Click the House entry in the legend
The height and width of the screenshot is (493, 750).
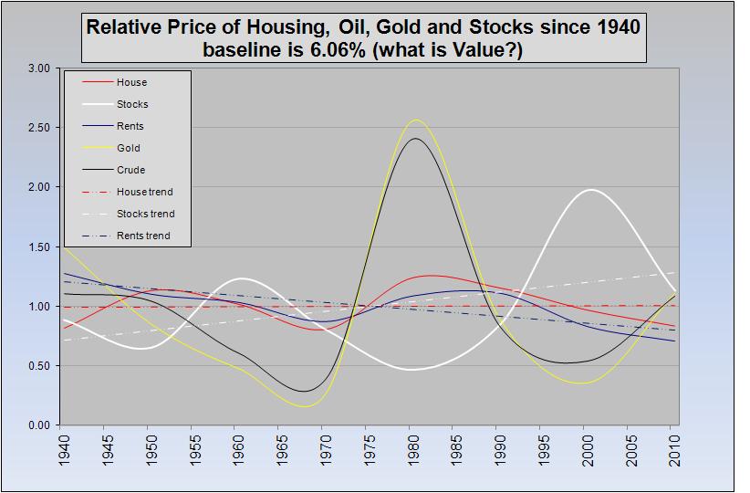point(131,83)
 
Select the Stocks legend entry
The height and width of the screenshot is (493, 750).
point(132,105)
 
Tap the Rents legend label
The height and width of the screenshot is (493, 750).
point(130,127)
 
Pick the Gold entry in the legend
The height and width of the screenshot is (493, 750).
point(129,149)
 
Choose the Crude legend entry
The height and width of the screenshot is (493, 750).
point(130,171)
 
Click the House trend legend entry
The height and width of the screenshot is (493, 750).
point(144,193)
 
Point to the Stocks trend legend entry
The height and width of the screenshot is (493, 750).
point(145,215)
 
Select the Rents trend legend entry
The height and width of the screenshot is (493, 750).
point(143,236)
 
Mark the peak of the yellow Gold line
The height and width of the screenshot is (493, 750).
point(417,120)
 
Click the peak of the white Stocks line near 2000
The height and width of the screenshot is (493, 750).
point(591,190)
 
